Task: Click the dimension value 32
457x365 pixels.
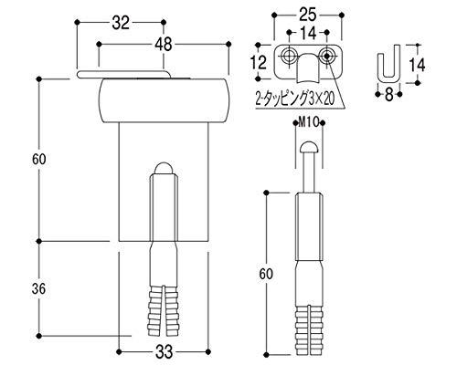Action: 121,23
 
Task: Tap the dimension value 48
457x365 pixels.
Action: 164,45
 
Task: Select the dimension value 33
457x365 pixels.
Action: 164,352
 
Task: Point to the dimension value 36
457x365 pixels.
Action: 38,288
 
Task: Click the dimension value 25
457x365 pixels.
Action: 307,15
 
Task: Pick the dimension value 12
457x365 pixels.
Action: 259,62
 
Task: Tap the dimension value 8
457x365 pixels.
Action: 388,95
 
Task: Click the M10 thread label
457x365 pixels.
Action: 308,122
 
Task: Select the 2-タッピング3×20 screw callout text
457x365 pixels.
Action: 295,99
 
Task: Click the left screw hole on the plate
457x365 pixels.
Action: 288,56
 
